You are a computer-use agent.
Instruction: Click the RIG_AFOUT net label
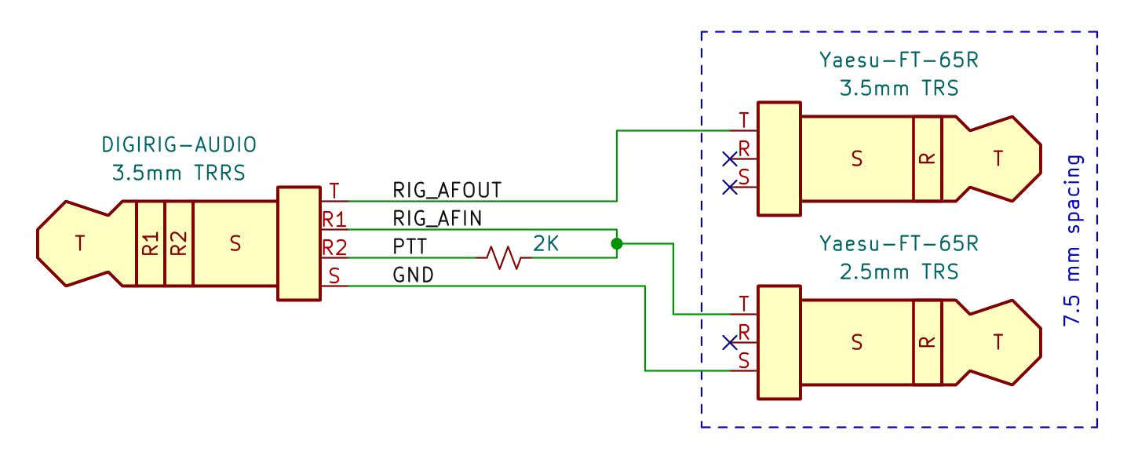click(x=447, y=189)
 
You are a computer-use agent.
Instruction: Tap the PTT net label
click(x=410, y=246)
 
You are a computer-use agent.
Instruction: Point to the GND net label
click(x=413, y=275)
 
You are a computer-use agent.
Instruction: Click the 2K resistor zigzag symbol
click(x=503, y=257)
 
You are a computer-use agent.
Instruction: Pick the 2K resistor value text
click(x=546, y=244)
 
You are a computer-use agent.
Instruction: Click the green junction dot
click(x=617, y=244)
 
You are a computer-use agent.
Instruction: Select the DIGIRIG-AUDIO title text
click(x=179, y=144)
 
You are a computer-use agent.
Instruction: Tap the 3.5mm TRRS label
click(x=179, y=173)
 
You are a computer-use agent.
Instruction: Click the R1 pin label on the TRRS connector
click(x=334, y=219)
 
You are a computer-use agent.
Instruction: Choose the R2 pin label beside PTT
click(x=334, y=248)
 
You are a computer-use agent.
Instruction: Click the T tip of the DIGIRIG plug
click(x=79, y=244)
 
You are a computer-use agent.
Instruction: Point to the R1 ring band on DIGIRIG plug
click(x=150, y=244)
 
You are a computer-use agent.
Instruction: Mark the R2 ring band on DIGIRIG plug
click(x=179, y=244)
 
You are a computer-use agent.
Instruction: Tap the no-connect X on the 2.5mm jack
click(x=730, y=342)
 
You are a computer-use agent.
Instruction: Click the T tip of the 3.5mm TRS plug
click(x=998, y=159)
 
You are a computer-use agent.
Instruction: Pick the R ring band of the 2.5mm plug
click(x=927, y=341)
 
